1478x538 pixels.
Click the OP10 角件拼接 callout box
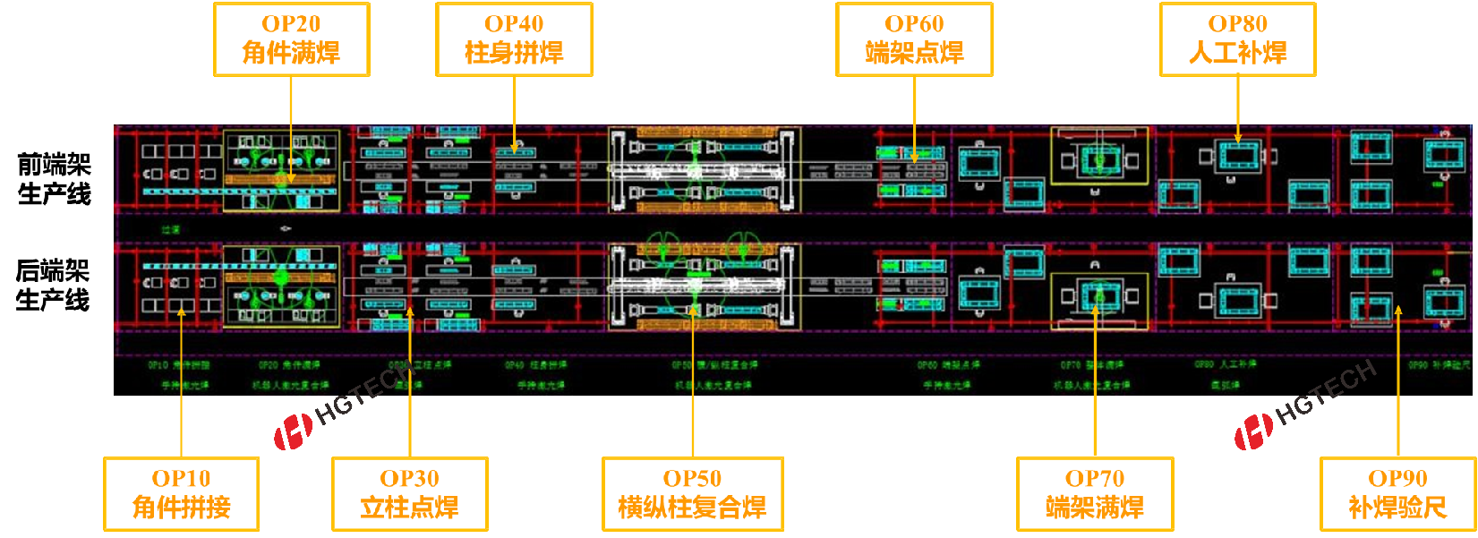click(x=181, y=494)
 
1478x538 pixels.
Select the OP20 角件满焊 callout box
click(x=291, y=39)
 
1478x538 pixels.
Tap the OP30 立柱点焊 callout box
click(x=409, y=494)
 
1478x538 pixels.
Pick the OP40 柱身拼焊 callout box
click(x=514, y=39)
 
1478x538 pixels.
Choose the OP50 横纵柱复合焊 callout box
click(x=692, y=494)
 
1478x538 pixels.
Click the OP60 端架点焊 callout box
click(x=914, y=39)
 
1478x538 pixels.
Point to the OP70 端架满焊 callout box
click(x=1095, y=494)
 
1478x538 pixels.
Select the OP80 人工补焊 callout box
click(x=1237, y=39)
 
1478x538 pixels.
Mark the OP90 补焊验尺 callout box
click(x=1397, y=494)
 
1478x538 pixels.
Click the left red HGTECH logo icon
click(x=293, y=431)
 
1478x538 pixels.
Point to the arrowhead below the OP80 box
click(x=1238, y=139)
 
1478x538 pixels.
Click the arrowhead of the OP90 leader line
click(x=1398, y=311)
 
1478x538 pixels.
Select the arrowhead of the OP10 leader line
click(x=181, y=311)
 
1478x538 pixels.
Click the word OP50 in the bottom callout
click(x=692, y=479)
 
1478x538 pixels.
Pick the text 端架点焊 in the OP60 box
click(x=914, y=54)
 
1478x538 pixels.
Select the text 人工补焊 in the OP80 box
click(x=1237, y=54)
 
